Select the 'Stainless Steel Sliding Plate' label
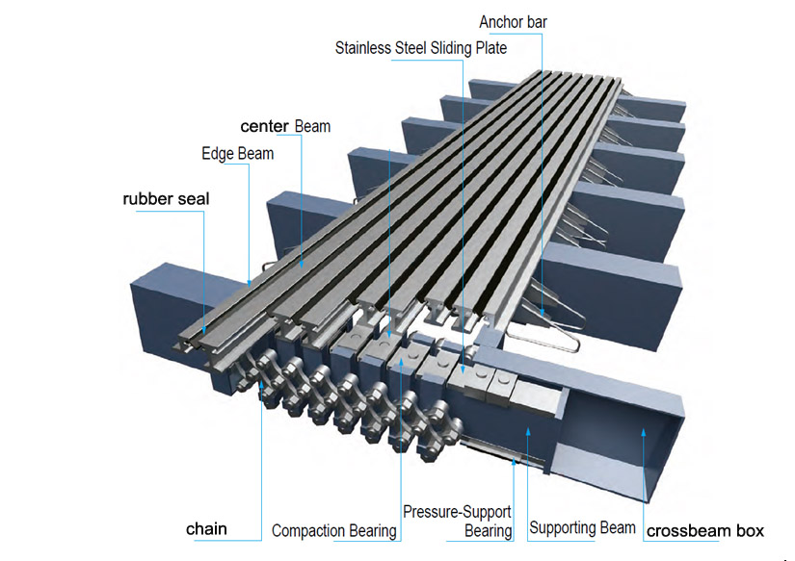pos(420,47)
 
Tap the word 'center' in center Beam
pos(265,126)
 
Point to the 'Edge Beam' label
pos(237,153)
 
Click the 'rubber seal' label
pos(165,199)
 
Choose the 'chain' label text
pos(206,528)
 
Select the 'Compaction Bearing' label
pos(333,530)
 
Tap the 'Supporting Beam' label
pos(582,527)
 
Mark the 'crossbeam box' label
pos(704,530)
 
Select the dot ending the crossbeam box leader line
pos(643,434)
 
